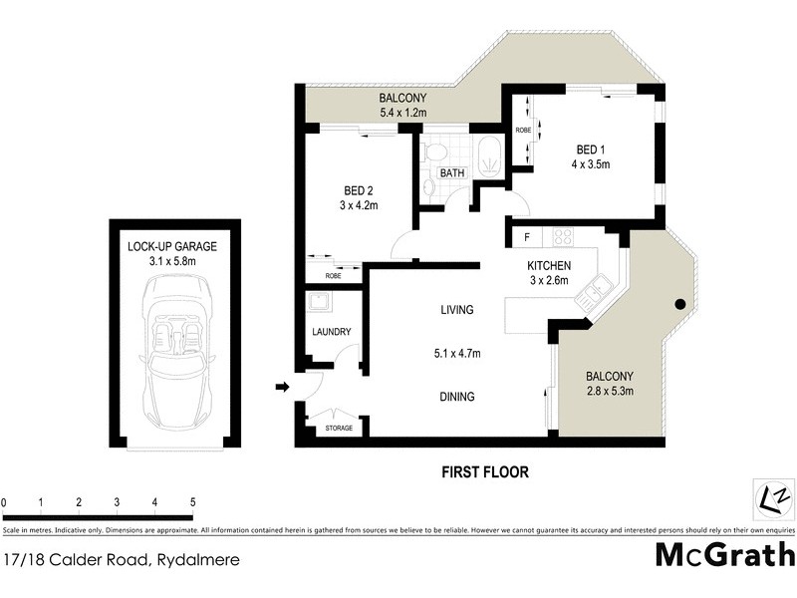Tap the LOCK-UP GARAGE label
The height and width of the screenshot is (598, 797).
(x=171, y=246)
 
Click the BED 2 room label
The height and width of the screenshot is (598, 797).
(x=360, y=190)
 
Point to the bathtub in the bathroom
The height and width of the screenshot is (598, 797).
(x=489, y=156)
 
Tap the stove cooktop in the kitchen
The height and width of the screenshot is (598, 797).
(x=563, y=237)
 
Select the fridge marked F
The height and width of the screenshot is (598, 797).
(x=525, y=237)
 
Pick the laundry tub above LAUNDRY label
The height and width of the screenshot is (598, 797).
(x=319, y=303)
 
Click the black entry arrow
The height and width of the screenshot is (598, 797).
(x=283, y=387)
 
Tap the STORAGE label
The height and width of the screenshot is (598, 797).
(x=339, y=429)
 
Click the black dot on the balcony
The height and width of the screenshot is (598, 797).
(x=680, y=304)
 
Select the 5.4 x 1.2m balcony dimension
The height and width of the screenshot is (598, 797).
(x=402, y=114)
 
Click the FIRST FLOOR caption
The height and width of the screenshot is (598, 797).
(x=486, y=471)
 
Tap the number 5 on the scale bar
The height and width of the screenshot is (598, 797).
(x=192, y=502)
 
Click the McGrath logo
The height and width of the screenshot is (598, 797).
(x=725, y=554)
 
